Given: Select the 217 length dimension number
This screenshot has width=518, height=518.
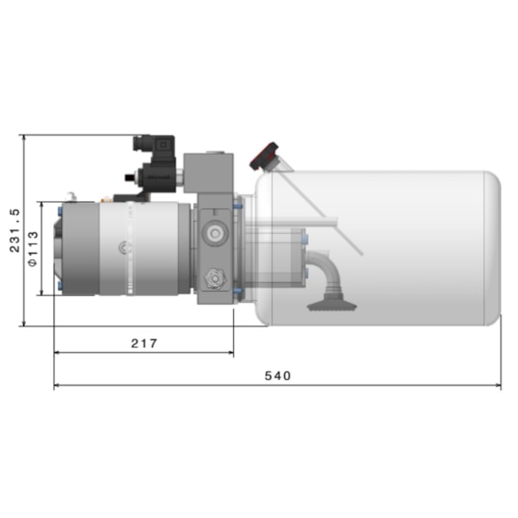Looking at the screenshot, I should tap(143, 343).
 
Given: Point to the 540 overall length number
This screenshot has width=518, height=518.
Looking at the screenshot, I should tap(277, 376).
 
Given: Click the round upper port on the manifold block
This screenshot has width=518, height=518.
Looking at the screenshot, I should tap(212, 233).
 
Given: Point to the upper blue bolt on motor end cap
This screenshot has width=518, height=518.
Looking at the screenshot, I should tap(57, 210).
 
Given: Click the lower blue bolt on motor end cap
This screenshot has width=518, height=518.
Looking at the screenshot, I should tap(57, 285).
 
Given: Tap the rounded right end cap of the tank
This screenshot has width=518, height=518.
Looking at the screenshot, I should tap(490, 248).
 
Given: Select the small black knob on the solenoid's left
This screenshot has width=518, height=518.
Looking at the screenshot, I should tap(129, 179).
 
